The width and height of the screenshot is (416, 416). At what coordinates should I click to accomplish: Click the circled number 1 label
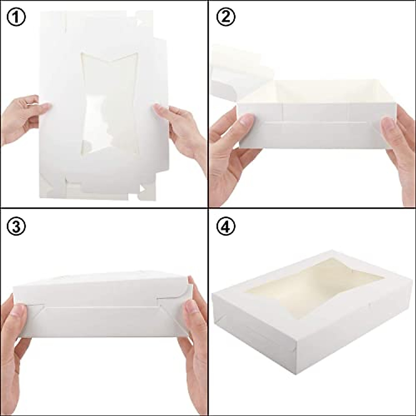(x=16, y=18)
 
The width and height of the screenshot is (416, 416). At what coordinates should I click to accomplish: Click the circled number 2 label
(x=226, y=18)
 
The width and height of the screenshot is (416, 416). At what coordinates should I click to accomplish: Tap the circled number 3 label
(x=16, y=227)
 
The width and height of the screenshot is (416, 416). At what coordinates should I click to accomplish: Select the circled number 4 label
(x=226, y=227)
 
